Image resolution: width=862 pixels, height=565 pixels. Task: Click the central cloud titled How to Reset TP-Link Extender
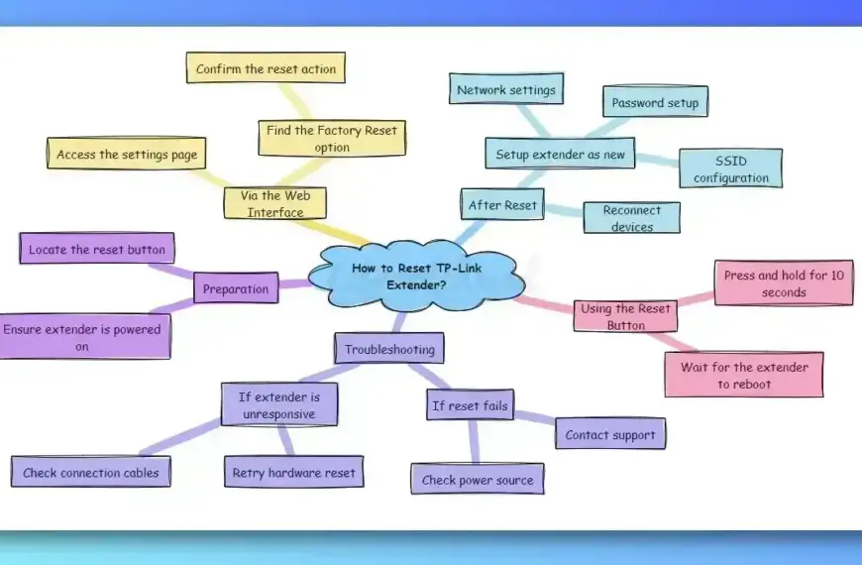[x=416, y=277]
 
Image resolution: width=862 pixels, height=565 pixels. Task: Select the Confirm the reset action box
[x=267, y=68]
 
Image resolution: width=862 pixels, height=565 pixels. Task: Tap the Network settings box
[x=506, y=89]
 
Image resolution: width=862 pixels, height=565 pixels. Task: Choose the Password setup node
[x=655, y=102]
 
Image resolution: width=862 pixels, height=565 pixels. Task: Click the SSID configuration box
[x=730, y=169]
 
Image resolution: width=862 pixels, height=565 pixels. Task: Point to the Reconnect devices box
[x=632, y=218]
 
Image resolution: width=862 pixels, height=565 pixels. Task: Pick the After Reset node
[x=502, y=204]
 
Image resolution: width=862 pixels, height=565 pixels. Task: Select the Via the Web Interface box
[x=274, y=203]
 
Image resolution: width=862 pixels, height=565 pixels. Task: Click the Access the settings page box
[x=127, y=154]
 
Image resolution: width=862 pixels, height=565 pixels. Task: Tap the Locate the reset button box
[x=97, y=249]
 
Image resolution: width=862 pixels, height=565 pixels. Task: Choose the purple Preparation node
[x=236, y=288]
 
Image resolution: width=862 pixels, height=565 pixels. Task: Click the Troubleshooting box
[x=389, y=349]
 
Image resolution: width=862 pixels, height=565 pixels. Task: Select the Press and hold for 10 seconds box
[x=784, y=283]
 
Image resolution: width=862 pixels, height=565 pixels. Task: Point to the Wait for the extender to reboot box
[x=744, y=376]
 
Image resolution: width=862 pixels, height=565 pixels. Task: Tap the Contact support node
[x=610, y=434]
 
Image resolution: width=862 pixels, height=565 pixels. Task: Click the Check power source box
[x=478, y=479]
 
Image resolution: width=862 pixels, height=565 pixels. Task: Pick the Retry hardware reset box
[x=294, y=472]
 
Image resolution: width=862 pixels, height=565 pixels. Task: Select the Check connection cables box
[x=91, y=472]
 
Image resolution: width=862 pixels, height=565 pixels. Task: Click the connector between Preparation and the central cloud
[x=294, y=284]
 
